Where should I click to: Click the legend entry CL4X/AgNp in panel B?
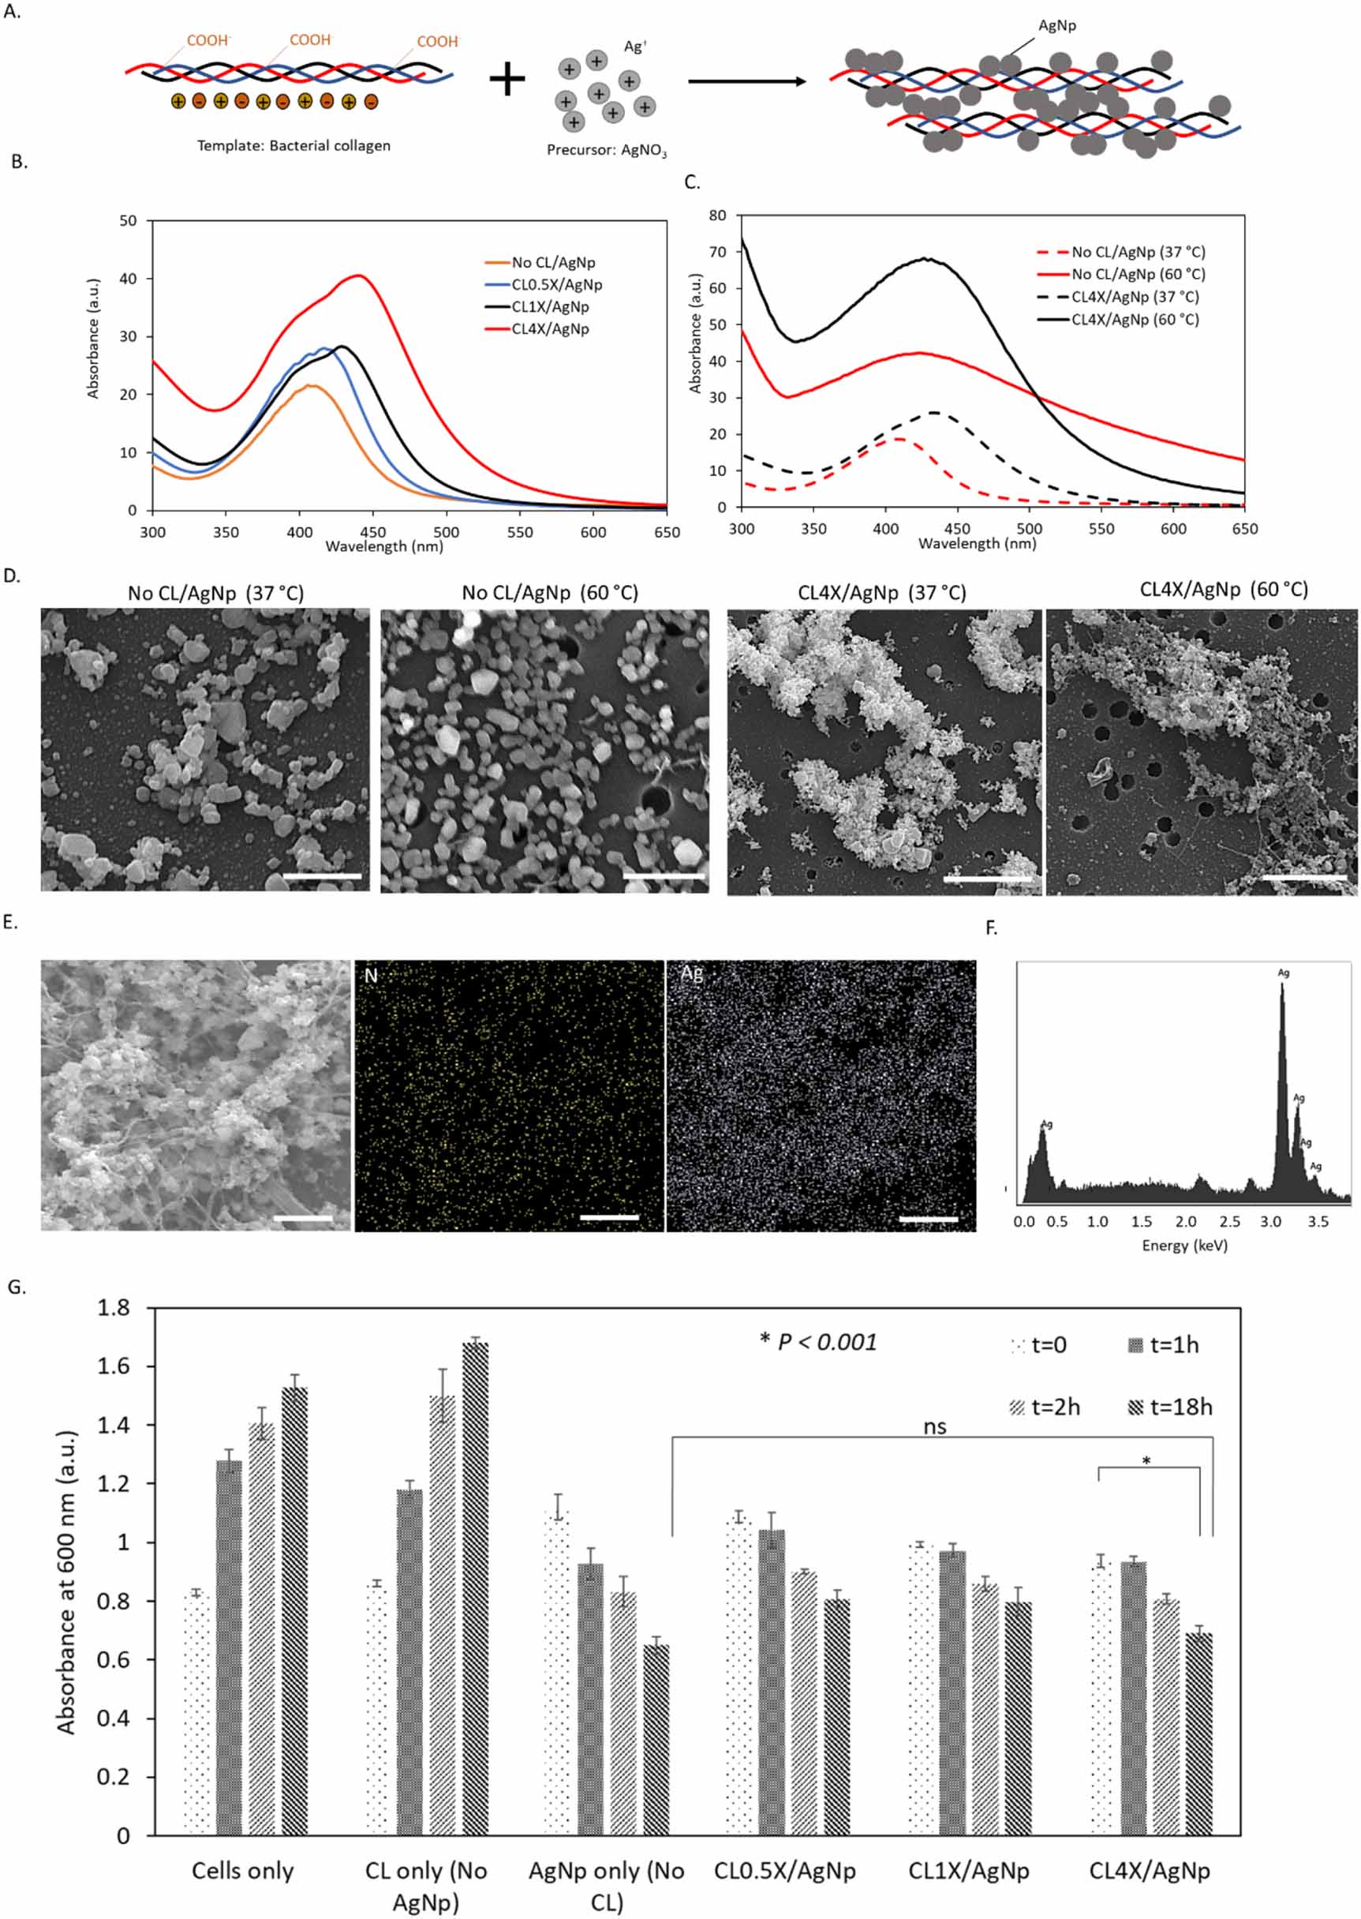[550, 328]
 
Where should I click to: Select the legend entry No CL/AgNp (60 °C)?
[1137, 274]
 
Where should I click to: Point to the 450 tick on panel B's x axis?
[373, 532]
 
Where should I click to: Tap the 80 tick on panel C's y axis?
[717, 216]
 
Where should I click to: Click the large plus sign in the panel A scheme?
[507, 80]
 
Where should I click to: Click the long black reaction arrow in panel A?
[746, 81]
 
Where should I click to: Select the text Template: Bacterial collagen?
[294, 146]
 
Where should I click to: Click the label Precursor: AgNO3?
[607, 150]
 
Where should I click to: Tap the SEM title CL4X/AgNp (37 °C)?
[881, 594]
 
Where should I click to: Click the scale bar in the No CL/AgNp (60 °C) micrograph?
[664, 876]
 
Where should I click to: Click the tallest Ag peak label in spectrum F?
[1283, 973]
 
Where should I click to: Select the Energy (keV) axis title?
[1184, 1246]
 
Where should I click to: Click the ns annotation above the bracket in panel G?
[934, 1426]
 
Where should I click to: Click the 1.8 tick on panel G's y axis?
[113, 1309]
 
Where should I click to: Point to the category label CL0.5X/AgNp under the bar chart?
[784, 1871]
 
